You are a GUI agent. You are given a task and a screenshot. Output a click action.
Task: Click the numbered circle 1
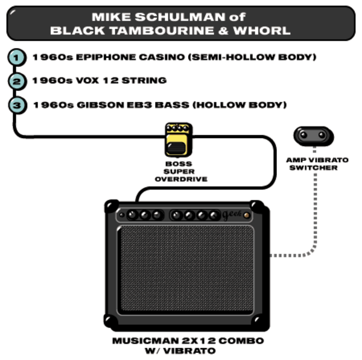17,57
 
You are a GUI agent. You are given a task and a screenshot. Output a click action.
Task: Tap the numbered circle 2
17,81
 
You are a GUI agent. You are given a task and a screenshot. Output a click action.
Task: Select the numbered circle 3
17,106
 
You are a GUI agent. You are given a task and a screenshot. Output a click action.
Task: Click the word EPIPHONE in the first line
106,57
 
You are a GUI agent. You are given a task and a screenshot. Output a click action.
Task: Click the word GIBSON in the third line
100,105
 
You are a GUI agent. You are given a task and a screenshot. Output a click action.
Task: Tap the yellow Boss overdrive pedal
179,140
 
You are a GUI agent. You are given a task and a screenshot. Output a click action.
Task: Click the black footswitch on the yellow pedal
176,148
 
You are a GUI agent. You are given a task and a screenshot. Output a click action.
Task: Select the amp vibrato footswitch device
313,136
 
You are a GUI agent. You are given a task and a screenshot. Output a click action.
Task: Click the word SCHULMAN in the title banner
180,17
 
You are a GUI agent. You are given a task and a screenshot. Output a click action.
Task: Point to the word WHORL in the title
262,31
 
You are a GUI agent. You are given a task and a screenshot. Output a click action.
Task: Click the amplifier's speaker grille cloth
186,268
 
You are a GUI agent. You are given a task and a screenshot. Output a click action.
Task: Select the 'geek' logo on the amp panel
232,215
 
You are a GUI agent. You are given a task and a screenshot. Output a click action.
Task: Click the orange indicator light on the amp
247,215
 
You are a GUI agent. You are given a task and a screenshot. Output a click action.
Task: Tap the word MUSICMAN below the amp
145,341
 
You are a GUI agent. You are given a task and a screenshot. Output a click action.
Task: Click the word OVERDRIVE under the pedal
181,179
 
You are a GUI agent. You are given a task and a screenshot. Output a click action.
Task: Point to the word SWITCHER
313,168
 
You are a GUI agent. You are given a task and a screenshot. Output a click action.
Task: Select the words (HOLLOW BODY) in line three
240,105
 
